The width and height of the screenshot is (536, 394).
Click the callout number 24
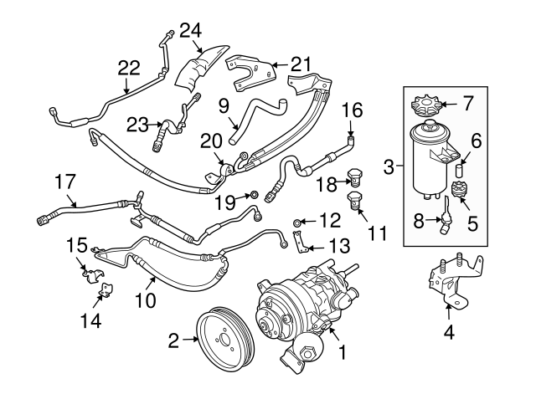coord(190,31)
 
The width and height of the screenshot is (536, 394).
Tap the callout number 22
coord(129,67)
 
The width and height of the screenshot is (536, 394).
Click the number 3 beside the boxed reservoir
coord(388,168)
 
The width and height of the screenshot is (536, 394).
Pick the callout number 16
coord(353,110)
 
